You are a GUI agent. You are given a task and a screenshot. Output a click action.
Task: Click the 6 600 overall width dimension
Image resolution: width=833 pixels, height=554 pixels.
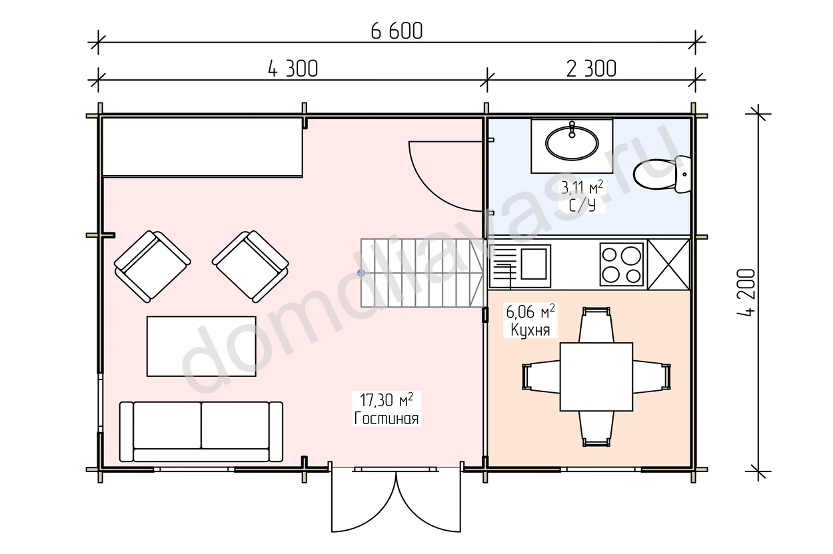tap(397, 31)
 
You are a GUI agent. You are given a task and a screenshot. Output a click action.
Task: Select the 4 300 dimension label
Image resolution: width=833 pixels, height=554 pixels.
tap(293, 69)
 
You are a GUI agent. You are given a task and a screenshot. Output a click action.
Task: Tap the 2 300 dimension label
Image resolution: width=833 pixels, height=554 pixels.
tap(591, 69)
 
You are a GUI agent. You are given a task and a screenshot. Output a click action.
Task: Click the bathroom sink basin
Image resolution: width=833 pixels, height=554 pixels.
tap(572, 143)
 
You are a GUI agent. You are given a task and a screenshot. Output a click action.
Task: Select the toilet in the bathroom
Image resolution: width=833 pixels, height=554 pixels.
tap(662, 174)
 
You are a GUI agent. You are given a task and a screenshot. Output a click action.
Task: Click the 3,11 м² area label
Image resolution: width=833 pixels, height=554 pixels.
tap(582, 187)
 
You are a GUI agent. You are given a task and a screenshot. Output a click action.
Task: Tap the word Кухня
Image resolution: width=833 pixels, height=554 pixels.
tap(530, 330)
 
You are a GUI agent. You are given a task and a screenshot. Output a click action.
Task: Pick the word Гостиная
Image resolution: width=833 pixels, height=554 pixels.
tap(387, 418)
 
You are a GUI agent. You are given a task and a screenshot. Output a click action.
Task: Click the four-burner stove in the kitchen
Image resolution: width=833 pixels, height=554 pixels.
tap(622, 264)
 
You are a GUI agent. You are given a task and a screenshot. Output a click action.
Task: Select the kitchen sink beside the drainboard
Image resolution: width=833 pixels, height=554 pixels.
tap(534, 264)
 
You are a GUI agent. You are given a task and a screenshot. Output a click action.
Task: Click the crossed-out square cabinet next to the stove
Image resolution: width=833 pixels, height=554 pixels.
tap(668, 264)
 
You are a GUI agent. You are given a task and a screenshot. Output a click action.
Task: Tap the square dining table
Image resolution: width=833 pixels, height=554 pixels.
tap(596, 377)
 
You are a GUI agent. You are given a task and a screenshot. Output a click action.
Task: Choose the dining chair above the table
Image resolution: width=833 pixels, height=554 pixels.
tap(596, 325)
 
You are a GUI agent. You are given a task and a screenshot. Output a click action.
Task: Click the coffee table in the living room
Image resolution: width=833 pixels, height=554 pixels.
tap(201, 346)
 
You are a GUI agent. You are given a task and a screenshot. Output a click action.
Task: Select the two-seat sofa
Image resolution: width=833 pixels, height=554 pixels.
tap(201, 431)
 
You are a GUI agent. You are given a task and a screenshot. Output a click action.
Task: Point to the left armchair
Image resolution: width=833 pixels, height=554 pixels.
tap(153, 266)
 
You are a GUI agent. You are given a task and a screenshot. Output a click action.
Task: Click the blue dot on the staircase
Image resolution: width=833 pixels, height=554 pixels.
tap(361, 273)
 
